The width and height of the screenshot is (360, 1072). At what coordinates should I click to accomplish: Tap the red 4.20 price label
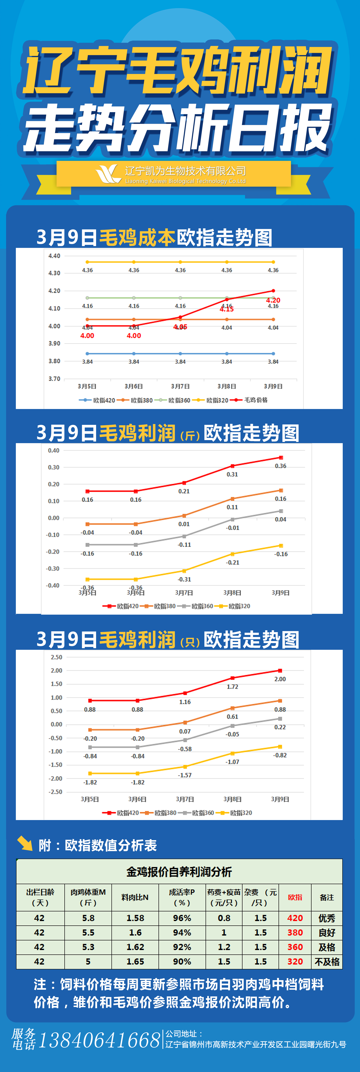273,300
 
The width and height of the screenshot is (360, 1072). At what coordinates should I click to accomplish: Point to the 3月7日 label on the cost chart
180,386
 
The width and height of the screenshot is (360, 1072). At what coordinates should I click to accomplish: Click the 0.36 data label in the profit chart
281,466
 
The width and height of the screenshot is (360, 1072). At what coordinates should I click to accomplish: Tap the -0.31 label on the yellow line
184,579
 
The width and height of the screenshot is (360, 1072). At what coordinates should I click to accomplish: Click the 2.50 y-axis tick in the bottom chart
56,657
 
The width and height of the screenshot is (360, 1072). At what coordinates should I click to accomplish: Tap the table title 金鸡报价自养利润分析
179,871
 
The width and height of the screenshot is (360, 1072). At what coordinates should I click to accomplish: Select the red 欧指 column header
295,897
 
